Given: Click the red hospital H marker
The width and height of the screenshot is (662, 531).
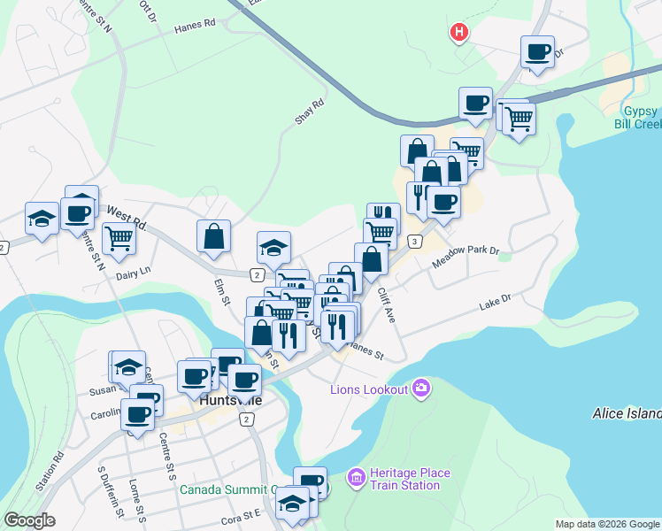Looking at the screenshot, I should pos(458,34).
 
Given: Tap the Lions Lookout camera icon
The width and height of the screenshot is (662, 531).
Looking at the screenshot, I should pos(420,389).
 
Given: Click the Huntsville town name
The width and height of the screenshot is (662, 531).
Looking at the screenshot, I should pos(231,400).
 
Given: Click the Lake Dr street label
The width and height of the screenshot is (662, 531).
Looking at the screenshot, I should pos(496,302).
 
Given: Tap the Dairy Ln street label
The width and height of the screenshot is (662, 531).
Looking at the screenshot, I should pos(135,275).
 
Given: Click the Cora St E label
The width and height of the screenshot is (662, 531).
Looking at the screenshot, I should pos(242,513).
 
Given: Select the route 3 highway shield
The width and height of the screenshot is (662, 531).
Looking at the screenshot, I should pos(414,242).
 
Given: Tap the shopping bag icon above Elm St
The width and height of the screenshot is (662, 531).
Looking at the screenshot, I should pos(214,235).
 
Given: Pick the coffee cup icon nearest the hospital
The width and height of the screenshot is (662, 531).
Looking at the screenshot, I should pos(537,50).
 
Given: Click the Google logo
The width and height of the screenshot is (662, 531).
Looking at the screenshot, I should pos(29,520).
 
